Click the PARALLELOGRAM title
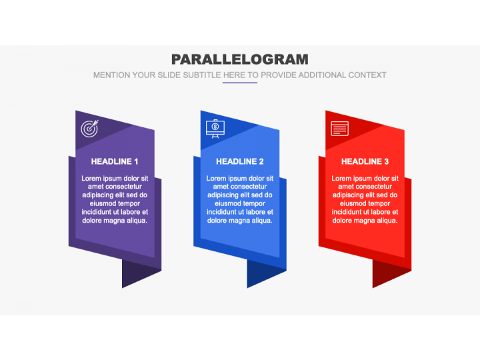click(240, 59)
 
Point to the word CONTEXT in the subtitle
click(367, 75)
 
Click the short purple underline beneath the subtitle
click(240, 83)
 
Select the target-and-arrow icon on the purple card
click(90, 129)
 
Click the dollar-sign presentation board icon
click(215, 129)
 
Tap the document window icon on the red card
click(340, 129)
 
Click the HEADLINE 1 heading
click(115, 161)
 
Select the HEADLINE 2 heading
click(240, 161)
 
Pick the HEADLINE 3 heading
click(365, 161)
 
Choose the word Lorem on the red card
click(341, 178)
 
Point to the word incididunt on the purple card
click(98, 212)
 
